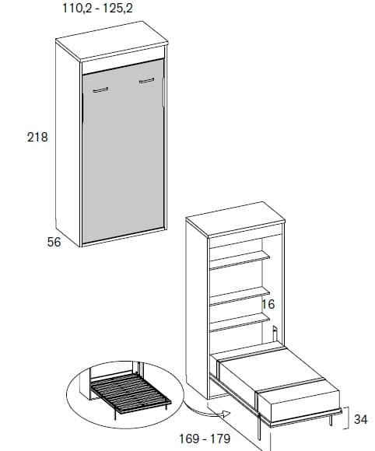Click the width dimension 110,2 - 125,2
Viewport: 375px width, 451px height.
97,8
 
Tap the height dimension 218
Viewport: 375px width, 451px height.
37,137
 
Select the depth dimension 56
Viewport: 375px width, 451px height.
54,242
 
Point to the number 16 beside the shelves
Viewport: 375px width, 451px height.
268,304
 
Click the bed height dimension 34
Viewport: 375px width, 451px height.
361,419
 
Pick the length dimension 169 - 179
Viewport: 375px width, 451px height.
205,439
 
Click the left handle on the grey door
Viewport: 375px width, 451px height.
100,89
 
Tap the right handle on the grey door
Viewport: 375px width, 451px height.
146,81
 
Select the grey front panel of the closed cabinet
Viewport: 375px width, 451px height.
123,151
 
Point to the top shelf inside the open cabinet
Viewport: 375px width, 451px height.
240,260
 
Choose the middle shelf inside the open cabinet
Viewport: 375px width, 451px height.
240,295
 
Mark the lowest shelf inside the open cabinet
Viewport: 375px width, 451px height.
240,322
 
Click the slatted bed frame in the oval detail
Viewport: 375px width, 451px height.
131,393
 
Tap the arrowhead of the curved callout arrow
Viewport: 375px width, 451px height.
226,414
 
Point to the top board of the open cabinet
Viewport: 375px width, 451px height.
236,219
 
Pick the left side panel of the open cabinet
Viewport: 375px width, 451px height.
197,309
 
